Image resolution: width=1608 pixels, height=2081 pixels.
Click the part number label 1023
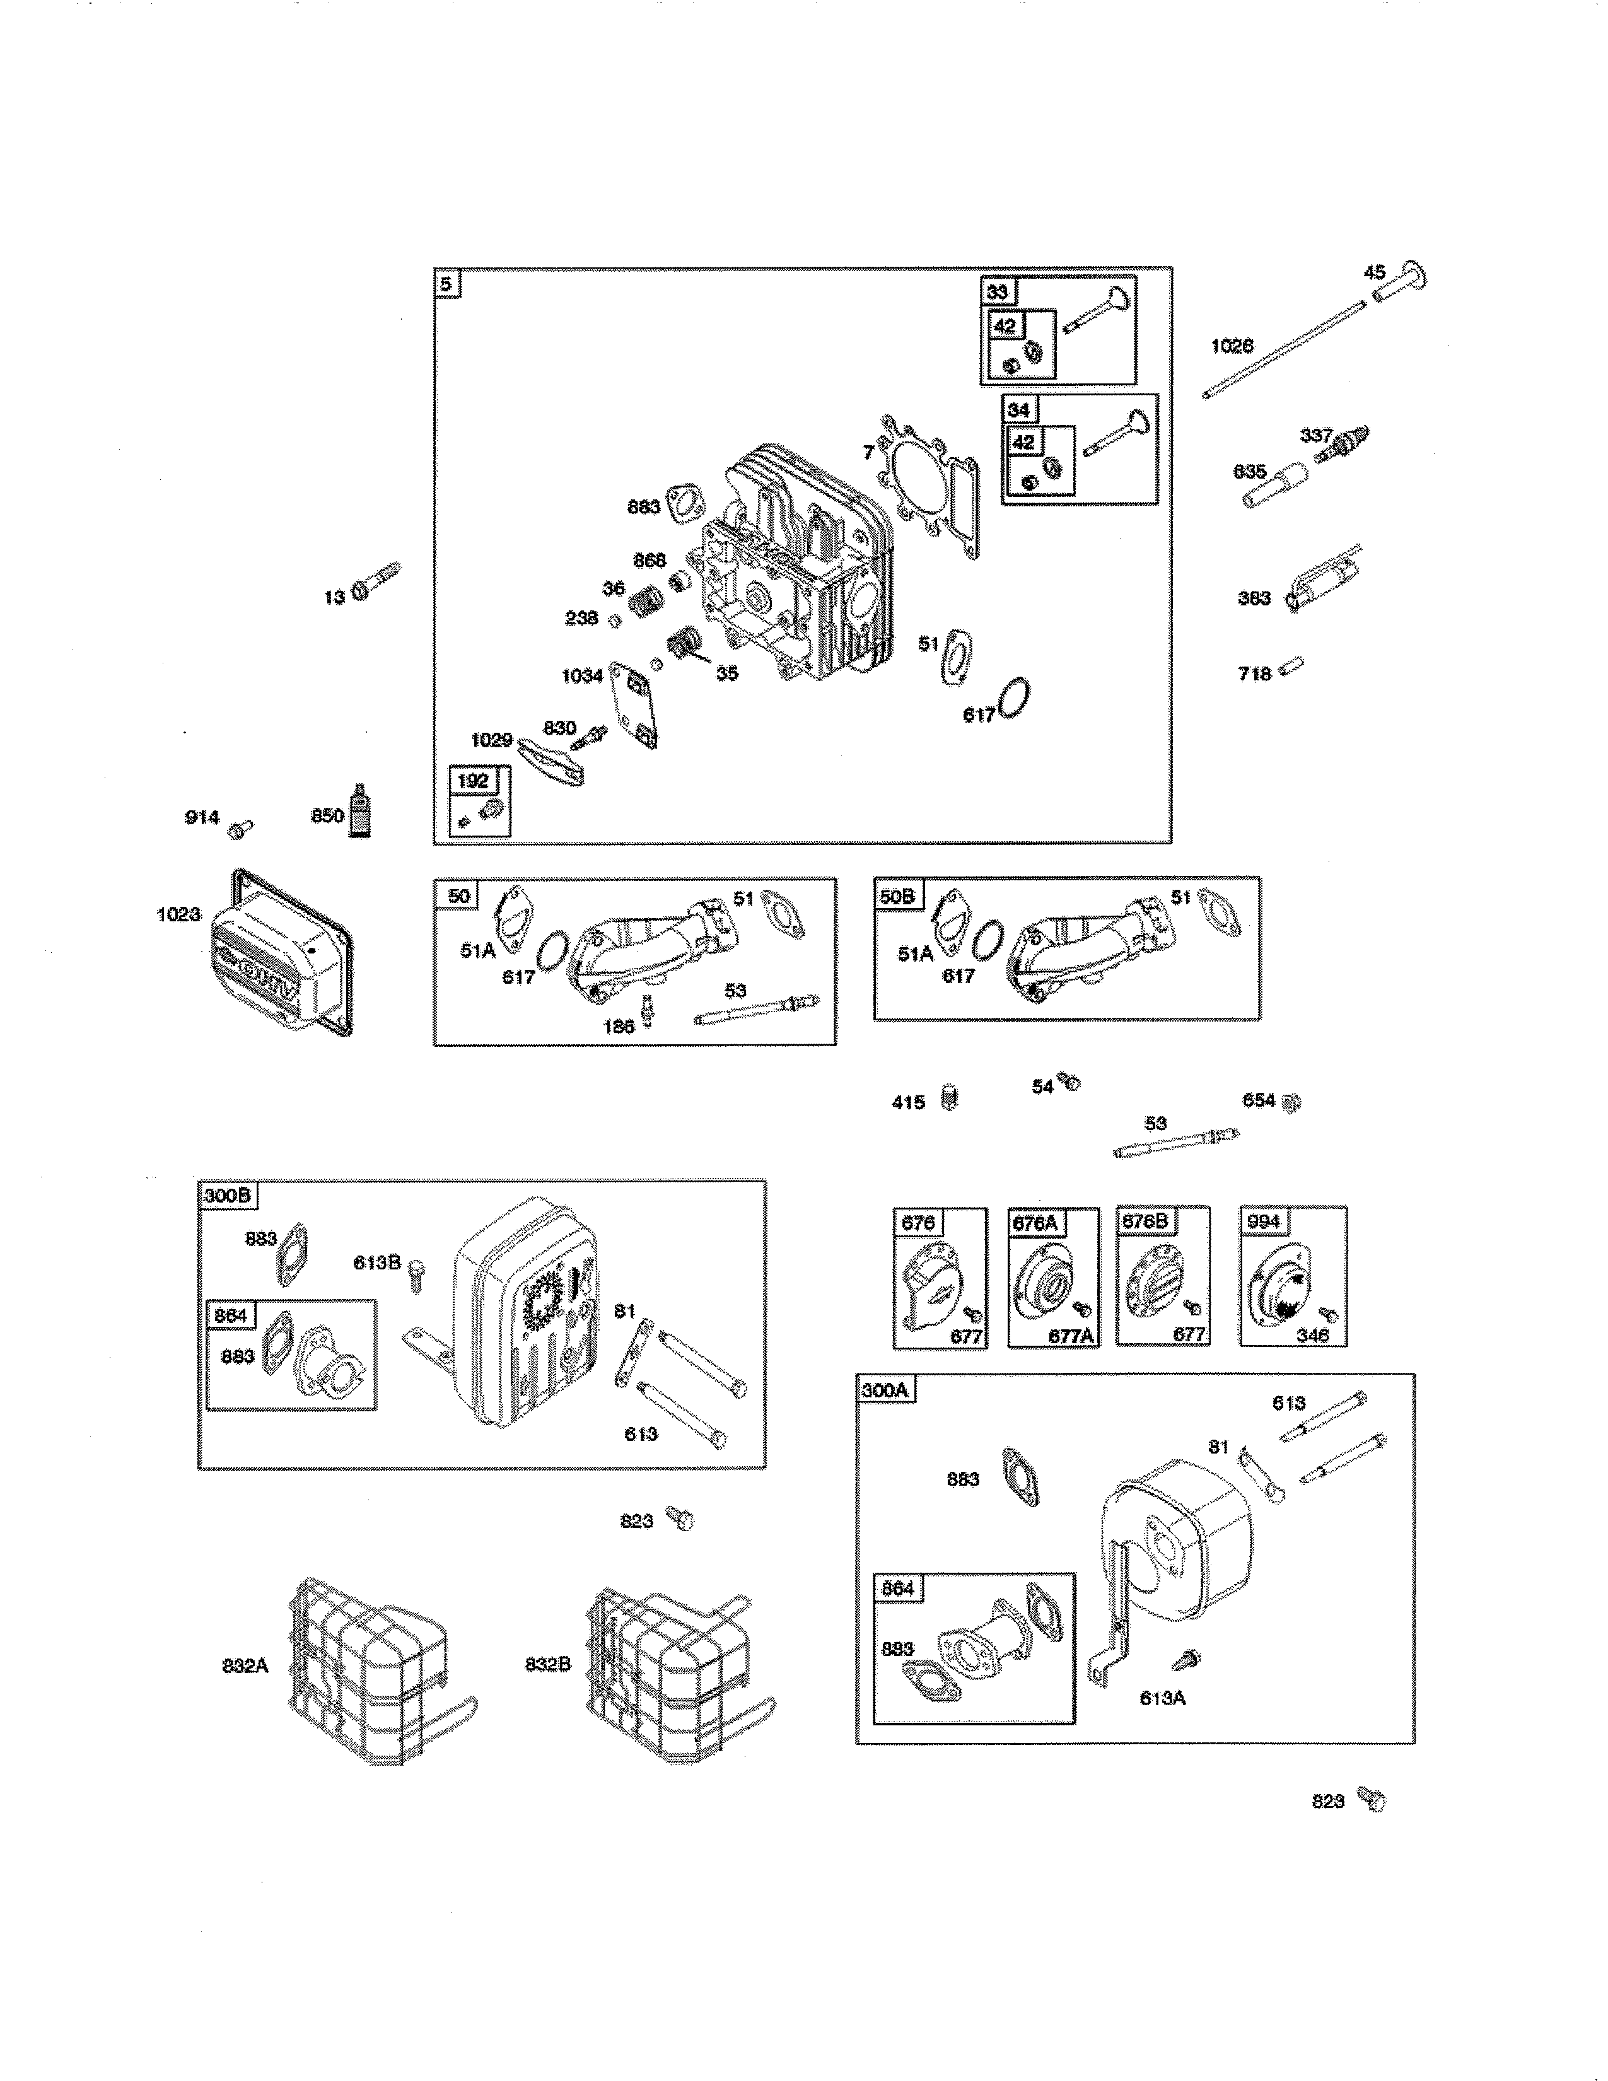[178, 915]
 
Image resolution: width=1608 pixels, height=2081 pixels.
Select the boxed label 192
[472, 781]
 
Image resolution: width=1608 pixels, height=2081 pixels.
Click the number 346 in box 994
[1312, 1335]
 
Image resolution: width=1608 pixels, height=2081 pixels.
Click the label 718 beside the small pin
[1254, 673]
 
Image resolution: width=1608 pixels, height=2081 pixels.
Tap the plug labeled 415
[949, 1099]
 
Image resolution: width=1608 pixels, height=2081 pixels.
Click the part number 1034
[581, 675]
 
